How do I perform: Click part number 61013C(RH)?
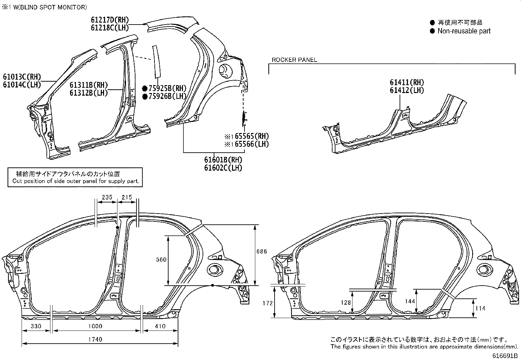(x=22, y=77)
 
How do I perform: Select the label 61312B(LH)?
(x=89, y=93)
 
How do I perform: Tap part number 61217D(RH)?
(x=110, y=20)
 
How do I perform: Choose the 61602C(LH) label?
(x=223, y=168)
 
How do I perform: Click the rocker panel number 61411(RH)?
(x=406, y=83)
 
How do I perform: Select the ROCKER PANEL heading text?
(x=294, y=60)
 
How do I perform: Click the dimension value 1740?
(x=95, y=339)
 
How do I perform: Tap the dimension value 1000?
(x=95, y=326)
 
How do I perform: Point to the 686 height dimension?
(x=261, y=252)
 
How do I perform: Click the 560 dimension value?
(x=161, y=260)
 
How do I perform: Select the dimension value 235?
(x=107, y=197)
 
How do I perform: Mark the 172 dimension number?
(x=267, y=303)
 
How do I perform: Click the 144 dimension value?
(x=410, y=301)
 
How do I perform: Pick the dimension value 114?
(x=480, y=308)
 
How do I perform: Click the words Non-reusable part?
(x=464, y=31)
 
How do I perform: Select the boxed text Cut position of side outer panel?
(x=76, y=181)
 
